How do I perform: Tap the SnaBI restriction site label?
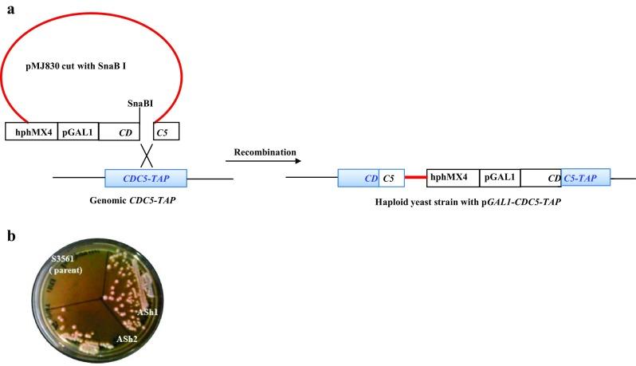(139, 104)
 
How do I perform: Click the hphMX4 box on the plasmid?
(29, 131)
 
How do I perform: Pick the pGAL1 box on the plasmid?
(77, 131)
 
